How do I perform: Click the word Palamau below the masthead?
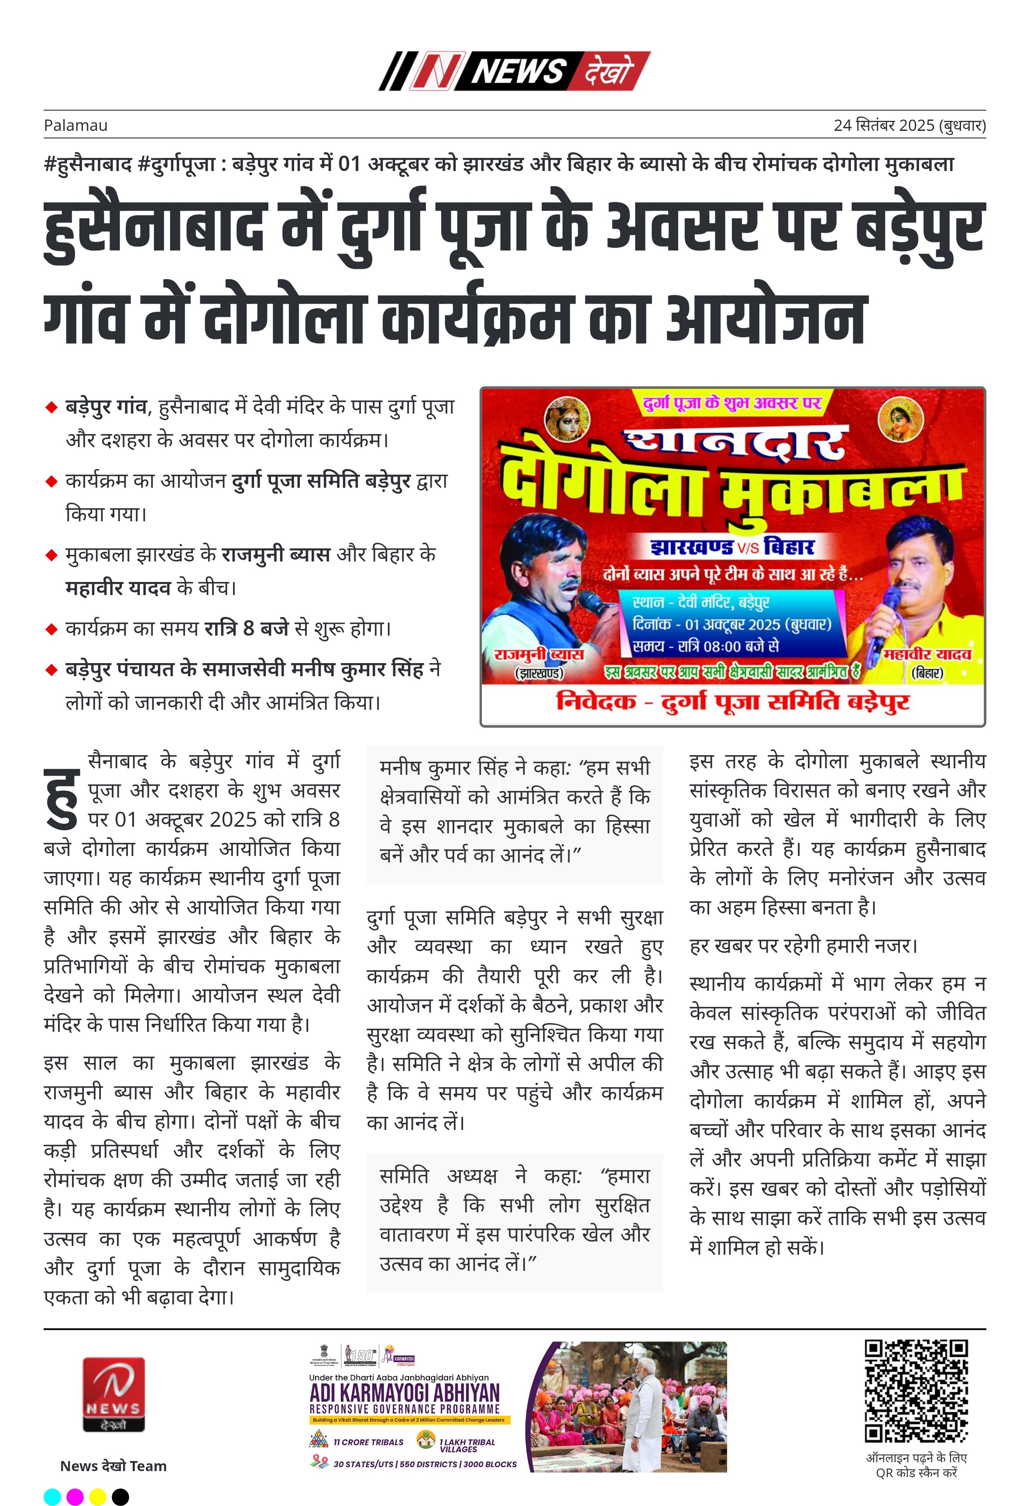click(x=75, y=125)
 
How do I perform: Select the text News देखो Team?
click(x=113, y=1466)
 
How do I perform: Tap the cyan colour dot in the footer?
click(x=52, y=1497)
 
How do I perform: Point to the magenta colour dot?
click(x=75, y=1497)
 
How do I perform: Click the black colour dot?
click(x=120, y=1497)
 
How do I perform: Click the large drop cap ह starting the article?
click(x=62, y=798)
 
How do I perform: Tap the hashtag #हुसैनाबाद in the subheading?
click(x=88, y=164)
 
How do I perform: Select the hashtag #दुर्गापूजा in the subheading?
click(x=176, y=164)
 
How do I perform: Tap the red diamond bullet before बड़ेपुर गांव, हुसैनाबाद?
click(x=51, y=407)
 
